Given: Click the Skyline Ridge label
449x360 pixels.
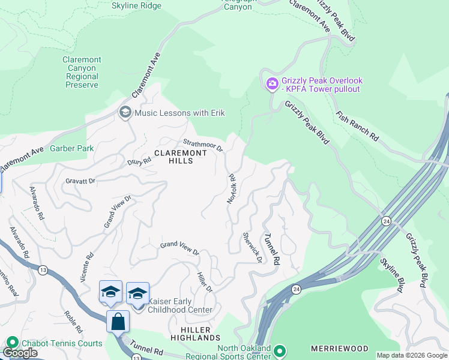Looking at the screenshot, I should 136,6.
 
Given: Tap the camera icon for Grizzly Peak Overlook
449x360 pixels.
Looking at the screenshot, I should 271,84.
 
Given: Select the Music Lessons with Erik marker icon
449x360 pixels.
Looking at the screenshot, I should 125,113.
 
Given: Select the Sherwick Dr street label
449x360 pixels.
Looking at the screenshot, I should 252,247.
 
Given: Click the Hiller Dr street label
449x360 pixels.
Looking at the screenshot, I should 205,281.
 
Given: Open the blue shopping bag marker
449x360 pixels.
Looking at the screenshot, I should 118,322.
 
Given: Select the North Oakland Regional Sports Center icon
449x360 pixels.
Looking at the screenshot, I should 279,350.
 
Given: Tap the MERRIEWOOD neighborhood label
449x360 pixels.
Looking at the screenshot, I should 339,349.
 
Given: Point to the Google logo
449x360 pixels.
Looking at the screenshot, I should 21,353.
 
